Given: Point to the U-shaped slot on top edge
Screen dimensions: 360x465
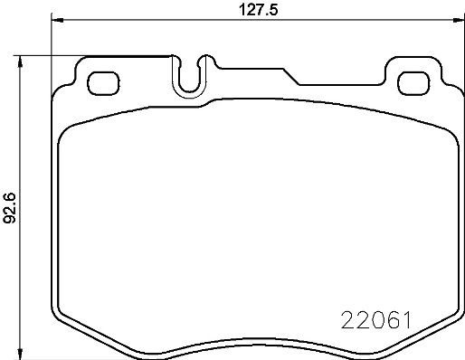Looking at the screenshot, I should pos(191,78).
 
